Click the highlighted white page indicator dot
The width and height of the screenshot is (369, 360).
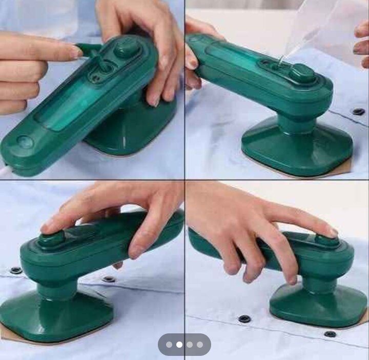click(x=179, y=345)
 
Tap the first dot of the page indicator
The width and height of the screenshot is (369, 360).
click(x=169, y=345)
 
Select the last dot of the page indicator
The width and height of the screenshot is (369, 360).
click(x=200, y=345)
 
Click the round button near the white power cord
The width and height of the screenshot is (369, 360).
click(x=25, y=142)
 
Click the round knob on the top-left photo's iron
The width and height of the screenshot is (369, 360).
click(x=127, y=49)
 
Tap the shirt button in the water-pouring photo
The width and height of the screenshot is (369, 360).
click(x=359, y=111)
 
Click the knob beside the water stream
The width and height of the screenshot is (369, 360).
click(x=302, y=73)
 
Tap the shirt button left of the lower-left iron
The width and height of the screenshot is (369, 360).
click(x=16, y=270)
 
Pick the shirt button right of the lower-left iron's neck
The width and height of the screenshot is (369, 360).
click(x=108, y=279)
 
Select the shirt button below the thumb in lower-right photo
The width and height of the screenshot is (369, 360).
click(x=244, y=319)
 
